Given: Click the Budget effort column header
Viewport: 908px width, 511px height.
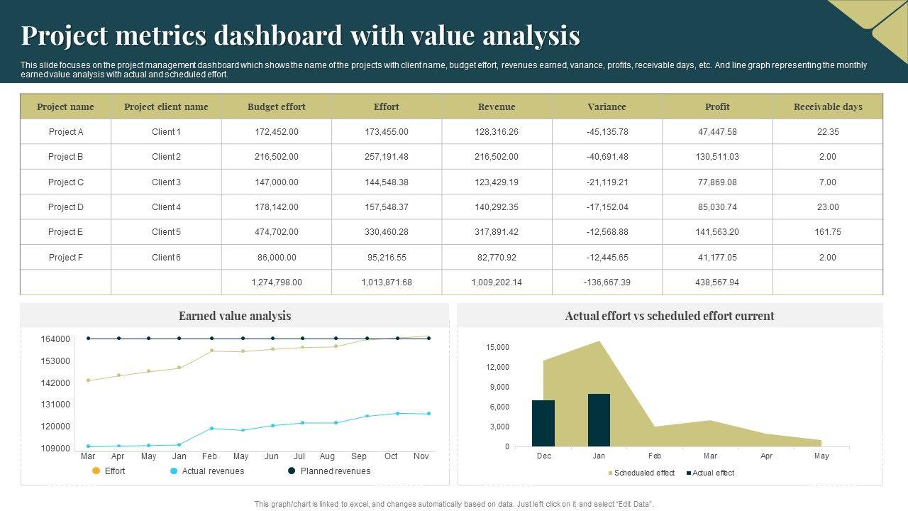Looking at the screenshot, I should coord(276,106).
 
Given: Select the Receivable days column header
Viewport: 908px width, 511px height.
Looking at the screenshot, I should coord(828,106).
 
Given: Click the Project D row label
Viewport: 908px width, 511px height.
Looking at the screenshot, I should coord(66,207).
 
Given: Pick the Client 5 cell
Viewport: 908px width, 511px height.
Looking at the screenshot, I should coord(166,232).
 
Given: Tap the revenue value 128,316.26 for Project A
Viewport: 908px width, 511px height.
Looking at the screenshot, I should coord(497,132).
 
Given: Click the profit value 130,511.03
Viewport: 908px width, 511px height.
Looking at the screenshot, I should coord(717,157).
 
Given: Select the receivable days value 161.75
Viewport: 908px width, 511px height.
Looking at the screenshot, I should coord(828,232).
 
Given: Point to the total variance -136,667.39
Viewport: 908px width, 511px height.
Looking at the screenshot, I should coord(607,282).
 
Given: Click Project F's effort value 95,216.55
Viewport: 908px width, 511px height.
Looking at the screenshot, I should coord(387,258).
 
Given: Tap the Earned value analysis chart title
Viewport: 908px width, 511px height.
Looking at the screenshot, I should coord(235,316).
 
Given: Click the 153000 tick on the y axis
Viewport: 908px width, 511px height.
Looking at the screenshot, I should coord(55,361).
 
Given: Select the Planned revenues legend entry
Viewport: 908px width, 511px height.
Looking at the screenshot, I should coord(335,471).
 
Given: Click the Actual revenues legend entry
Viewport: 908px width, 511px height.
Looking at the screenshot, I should coord(212,471).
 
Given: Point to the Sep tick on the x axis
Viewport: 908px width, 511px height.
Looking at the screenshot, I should coord(359,456).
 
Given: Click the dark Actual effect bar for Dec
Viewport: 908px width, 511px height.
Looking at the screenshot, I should coord(543,423).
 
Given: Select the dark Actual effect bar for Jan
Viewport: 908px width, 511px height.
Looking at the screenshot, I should coord(599,420).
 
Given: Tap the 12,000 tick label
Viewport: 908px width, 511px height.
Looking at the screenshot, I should coord(497,367).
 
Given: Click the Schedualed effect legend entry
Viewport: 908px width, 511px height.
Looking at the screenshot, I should coord(643,473).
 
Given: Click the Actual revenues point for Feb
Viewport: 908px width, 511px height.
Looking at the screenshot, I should coord(211,429).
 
